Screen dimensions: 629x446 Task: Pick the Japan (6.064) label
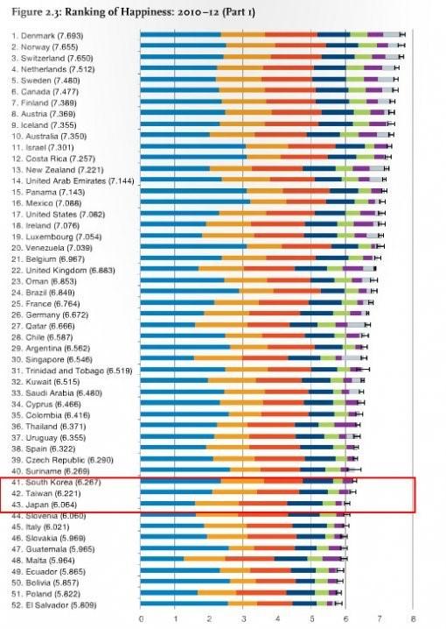pyautogui.click(x=42, y=505)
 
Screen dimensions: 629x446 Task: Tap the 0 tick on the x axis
pyautogui.click(x=142, y=619)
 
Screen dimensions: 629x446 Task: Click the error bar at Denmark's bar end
pyautogui.click(x=401, y=33)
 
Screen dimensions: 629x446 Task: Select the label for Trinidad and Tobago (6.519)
pyautogui.click(x=63, y=371)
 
